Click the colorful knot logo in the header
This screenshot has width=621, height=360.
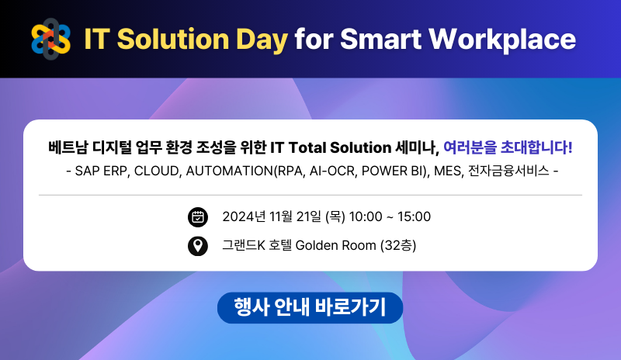tap(50, 40)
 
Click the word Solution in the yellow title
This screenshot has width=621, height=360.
tap(173, 40)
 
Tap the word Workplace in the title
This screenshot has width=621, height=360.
tap(502, 40)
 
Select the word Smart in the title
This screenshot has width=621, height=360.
tap(380, 40)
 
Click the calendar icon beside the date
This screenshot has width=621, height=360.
tap(198, 217)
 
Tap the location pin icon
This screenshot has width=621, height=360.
tap(198, 246)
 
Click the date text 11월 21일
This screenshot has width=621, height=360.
tap(295, 216)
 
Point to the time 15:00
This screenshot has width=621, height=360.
tap(414, 216)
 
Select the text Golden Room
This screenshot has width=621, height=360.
tap(335, 245)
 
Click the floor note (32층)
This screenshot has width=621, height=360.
tap(398, 245)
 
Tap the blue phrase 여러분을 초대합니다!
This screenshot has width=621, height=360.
tap(508, 147)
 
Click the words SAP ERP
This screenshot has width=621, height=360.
tap(102, 171)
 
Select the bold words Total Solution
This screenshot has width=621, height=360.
tap(340, 147)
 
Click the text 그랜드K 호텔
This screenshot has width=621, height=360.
tap(257, 245)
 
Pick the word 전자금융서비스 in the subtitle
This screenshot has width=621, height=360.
tap(508, 171)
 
